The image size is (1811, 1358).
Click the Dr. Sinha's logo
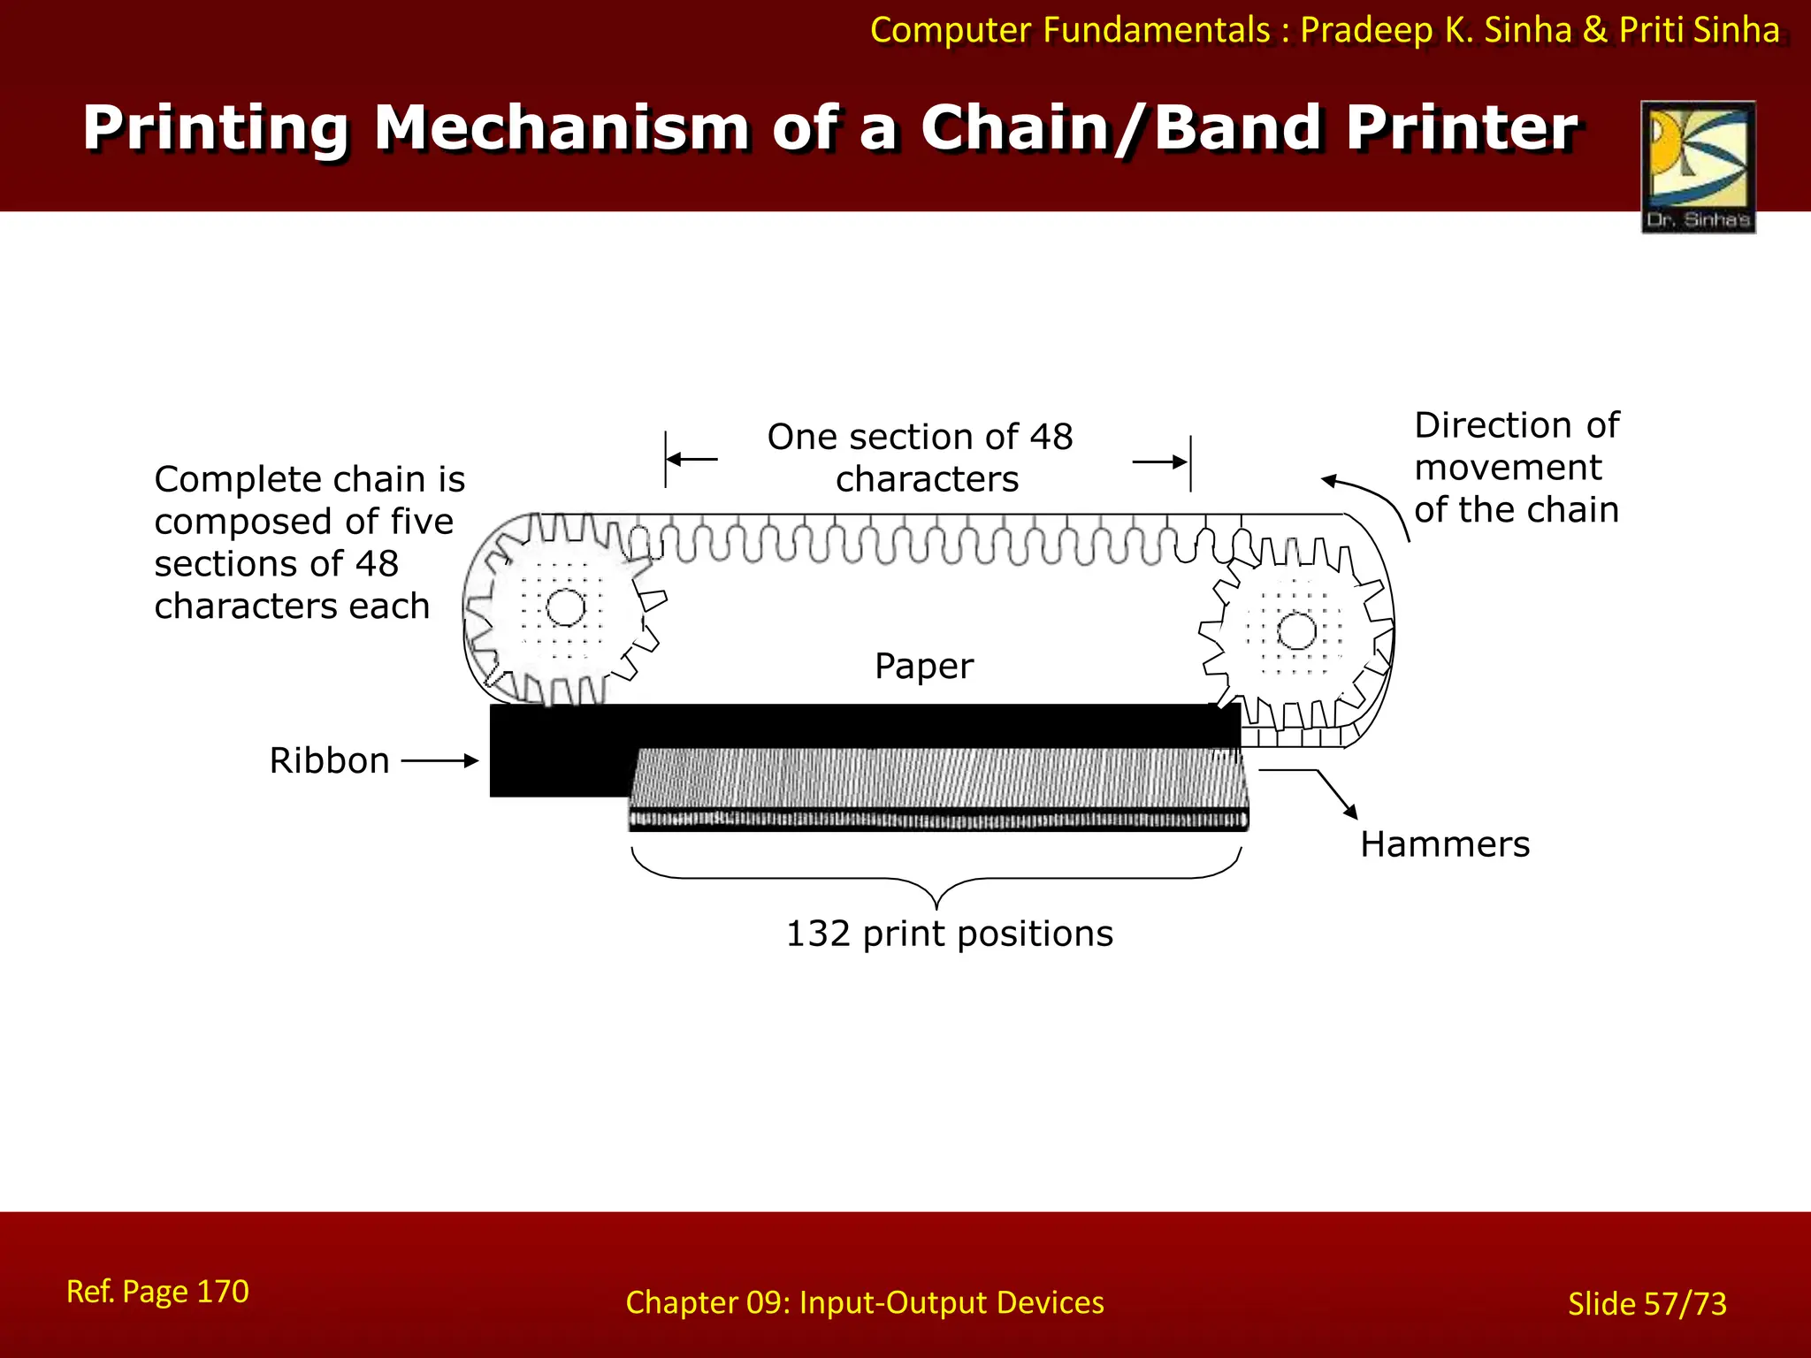tap(1698, 166)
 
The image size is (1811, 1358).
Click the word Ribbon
tap(329, 761)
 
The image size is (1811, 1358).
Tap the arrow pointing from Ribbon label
tap(439, 760)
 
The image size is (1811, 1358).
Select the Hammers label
tap(1445, 844)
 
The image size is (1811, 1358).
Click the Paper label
tap(924, 666)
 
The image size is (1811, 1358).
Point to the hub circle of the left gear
tap(566, 607)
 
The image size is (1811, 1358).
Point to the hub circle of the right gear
tap(1297, 631)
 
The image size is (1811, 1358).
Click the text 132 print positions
tap(949, 934)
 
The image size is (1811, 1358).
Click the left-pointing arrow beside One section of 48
tap(692, 459)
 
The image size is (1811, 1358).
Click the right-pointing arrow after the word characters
tap(1160, 462)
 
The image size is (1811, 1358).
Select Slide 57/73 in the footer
tap(1647, 1304)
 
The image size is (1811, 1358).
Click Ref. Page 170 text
tap(157, 1292)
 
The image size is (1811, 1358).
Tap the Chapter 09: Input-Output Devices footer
tap(864, 1302)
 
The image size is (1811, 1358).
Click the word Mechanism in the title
tap(562, 128)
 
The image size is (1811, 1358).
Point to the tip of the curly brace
tap(936, 907)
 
